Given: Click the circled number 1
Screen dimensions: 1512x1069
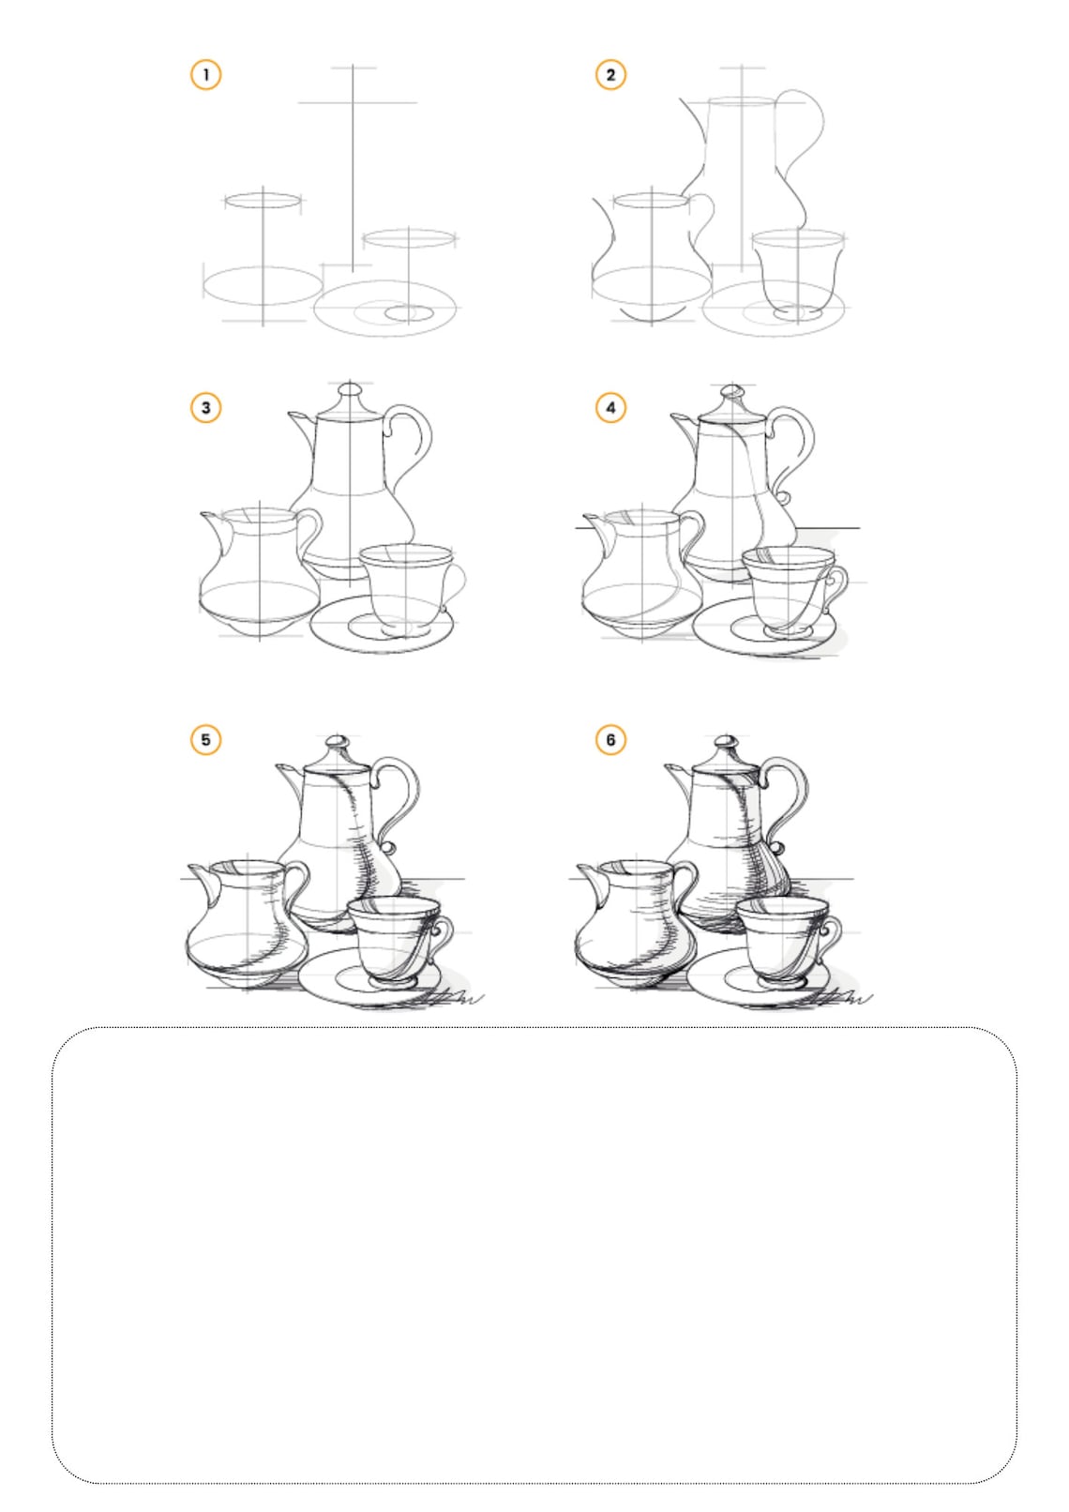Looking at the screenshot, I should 205,74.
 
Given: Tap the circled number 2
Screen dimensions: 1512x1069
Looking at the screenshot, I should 610,74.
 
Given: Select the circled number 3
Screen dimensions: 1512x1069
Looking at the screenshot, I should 205,407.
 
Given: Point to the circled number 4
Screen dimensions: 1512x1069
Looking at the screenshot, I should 610,407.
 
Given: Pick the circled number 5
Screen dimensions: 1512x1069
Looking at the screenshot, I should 205,739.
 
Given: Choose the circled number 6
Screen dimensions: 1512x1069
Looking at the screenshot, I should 610,739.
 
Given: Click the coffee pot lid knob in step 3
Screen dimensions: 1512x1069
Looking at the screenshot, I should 351,389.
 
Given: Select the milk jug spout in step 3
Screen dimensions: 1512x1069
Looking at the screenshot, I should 212,519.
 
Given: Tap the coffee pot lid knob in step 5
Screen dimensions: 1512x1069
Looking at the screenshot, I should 338,746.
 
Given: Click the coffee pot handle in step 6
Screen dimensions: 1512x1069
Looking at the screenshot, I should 796,788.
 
